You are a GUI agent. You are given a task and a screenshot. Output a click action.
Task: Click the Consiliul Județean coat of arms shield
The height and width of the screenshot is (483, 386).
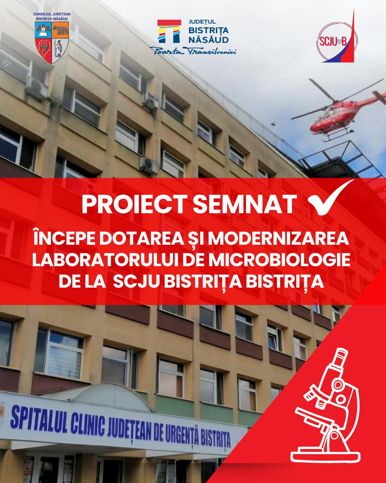point(52,43)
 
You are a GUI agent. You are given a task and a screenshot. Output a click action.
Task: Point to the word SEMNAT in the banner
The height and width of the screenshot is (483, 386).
point(245,204)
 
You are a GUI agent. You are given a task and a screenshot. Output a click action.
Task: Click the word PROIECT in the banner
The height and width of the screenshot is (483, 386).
point(135,204)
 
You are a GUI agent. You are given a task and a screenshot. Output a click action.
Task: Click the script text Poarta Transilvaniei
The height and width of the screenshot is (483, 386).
point(193,51)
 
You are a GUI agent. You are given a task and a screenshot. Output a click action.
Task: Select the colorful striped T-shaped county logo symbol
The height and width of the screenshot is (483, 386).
point(169,31)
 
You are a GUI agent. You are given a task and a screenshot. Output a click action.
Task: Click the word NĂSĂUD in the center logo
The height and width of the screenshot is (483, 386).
point(209,40)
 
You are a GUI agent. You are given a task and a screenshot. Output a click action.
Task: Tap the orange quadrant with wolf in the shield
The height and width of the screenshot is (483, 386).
point(60,31)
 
